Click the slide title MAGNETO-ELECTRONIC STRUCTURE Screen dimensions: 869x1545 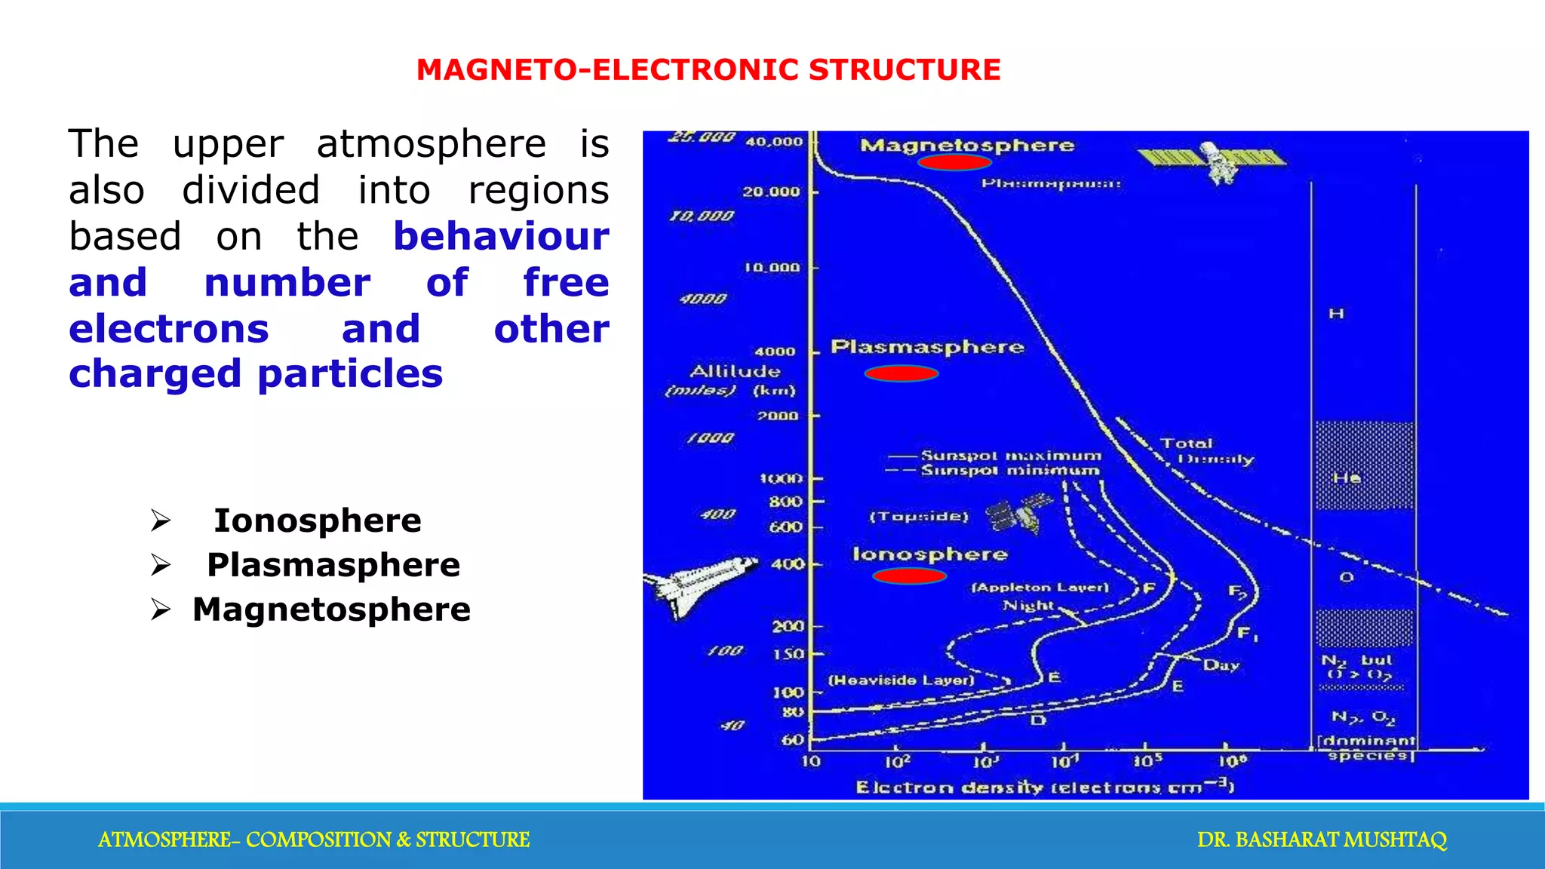pyautogui.click(x=708, y=70)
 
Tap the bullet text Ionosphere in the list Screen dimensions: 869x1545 pyautogui.click(x=317, y=520)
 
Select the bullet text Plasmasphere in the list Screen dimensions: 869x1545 pyautogui.click(x=333, y=565)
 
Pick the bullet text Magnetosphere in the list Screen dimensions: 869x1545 pyautogui.click(x=331, y=610)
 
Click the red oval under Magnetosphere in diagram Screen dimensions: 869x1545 pyautogui.click(x=954, y=162)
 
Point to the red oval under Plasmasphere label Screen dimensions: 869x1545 pyautogui.click(x=901, y=373)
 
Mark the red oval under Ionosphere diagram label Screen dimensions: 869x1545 pyautogui.click(x=909, y=576)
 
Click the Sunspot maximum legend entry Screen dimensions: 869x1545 pyautogui.click(x=1009, y=456)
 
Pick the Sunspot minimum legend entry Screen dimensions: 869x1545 pyautogui.click(x=1009, y=471)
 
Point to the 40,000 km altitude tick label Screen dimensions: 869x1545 pyautogui.click(x=774, y=142)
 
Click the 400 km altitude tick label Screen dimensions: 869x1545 pyautogui.click(x=787, y=563)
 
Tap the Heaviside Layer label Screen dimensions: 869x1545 pyautogui.click(x=902, y=680)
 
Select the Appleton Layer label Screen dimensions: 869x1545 pyautogui.click(x=1040, y=587)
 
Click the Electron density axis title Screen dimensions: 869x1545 pyautogui.click(x=1044, y=788)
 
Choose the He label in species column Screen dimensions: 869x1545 pyautogui.click(x=1347, y=477)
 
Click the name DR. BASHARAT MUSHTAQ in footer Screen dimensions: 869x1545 pyautogui.click(x=1322, y=840)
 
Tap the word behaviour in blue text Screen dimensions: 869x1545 pyautogui.click(x=501, y=237)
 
